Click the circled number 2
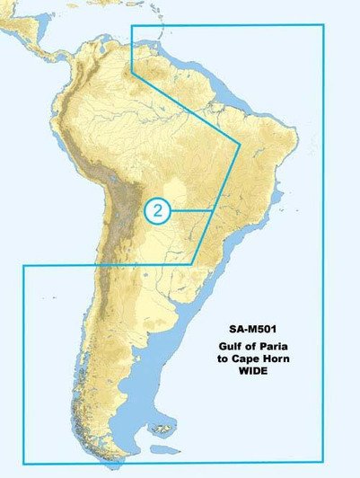coord(157,209)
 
